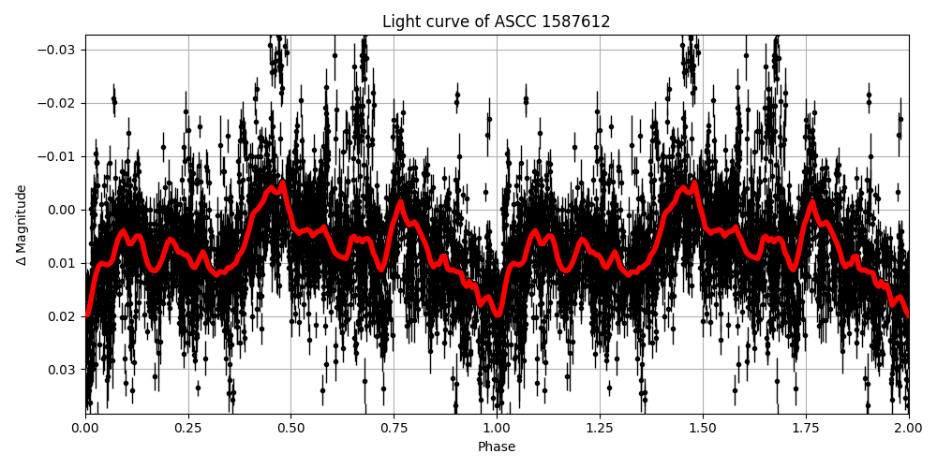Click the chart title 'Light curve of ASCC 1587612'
[496, 22]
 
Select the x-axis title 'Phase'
[496, 447]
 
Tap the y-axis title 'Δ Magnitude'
[22, 225]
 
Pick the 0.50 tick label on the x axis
[290, 429]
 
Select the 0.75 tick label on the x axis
[394, 429]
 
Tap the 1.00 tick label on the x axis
[497, 429]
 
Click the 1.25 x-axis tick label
[600, 429]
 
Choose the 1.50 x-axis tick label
[703, 429]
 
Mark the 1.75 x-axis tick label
[805, 429]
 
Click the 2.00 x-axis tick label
[908, 429]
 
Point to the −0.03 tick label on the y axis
[58, 50]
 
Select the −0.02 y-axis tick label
[58, 103]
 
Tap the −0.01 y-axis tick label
[58, 156]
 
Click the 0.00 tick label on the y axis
[63, 210]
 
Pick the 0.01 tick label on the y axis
[63, 263]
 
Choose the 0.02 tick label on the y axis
[63, 316]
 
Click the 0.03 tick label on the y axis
[63, 370]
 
